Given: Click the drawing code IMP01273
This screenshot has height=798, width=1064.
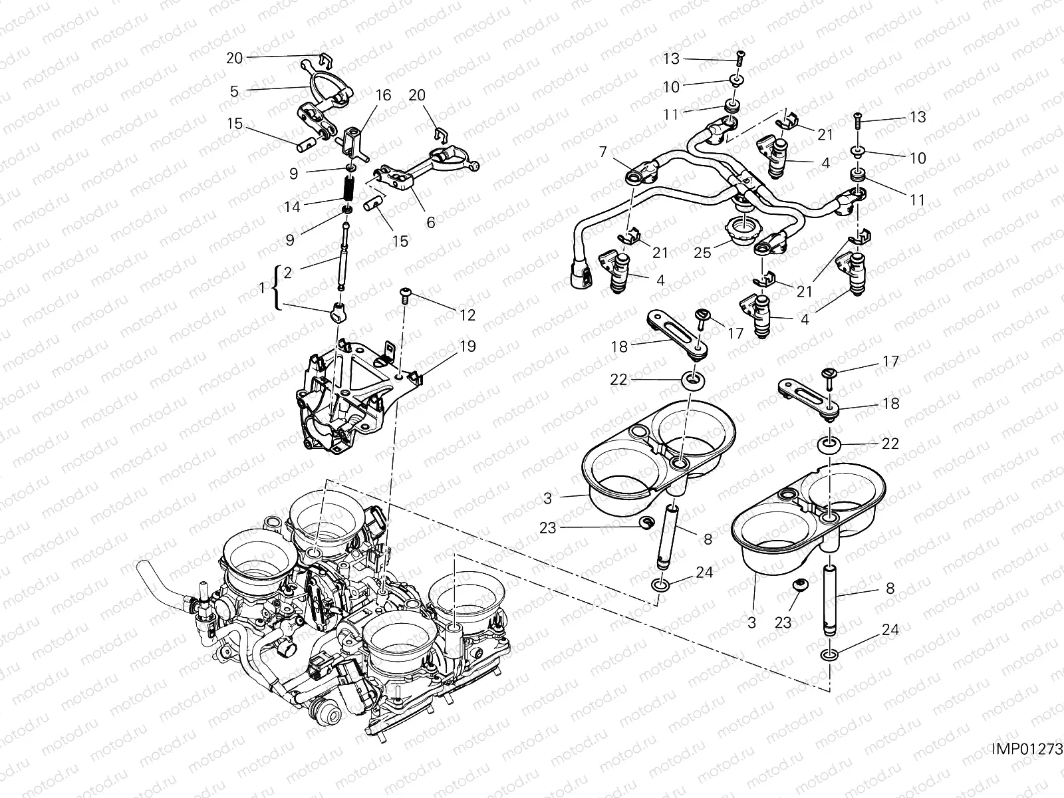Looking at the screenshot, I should pyautogui.click(x=1027, y=749).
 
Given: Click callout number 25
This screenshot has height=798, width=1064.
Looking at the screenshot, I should pyautogui.click(x=704, y=252).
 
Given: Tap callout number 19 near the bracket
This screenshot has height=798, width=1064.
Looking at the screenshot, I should pyautogui.click(x=467, y=346).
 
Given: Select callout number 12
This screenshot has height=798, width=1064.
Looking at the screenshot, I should pyautogui.click(x=467, y=315).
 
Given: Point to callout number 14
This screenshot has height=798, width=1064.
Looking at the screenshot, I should pyautogui.click(x=292, y=207).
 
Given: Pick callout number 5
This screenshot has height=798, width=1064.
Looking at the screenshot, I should pyautogui.click(x=234, y=92).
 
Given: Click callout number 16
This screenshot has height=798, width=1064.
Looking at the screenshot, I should pyautogui.click(x=383, y=96).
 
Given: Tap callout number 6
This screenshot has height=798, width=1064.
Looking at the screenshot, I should pyautogui.click(x=430, y=223).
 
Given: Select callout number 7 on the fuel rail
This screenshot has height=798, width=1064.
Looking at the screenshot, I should pyautogui.click(x=602, y=153).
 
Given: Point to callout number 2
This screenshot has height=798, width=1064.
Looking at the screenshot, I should pyautogui.click(x=287, y=272).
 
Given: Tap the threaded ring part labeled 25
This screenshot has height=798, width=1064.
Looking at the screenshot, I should pyautogui.click(x=743, y=231).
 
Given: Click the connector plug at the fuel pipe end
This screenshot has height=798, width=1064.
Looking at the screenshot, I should pyautogui.click(x=581, y=277).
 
